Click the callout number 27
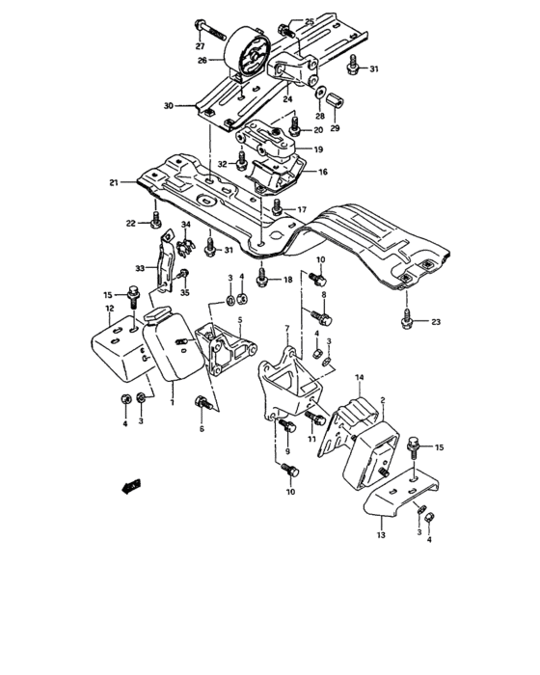[200, 45]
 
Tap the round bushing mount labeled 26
[248, 59]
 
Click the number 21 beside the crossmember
[114, 182]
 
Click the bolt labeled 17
[278, 205]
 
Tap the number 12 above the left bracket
[109, 309]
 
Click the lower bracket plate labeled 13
[395, 503]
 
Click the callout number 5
[240, 319]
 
